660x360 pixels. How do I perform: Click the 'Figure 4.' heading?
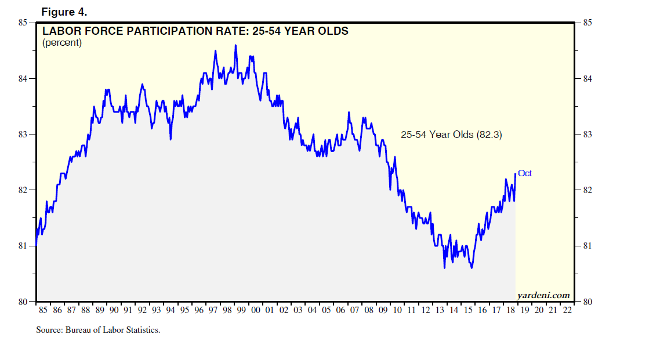click(64, 12)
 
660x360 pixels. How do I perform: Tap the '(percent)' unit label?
click(62, 43)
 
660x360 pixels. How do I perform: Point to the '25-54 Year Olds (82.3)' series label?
click(451, 134)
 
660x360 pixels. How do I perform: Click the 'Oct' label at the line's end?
click(525, 173)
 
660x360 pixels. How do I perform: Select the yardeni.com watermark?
click(543, 296)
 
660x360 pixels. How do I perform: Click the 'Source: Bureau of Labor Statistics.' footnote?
click(98, 330)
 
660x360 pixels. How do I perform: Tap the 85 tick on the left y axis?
click(23, 23)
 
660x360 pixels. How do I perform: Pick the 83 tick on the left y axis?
click(23, 134)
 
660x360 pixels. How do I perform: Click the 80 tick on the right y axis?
click(587, 302)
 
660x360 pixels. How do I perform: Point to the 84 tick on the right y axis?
click(587, 79)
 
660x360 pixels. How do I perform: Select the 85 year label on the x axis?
click(43, 311)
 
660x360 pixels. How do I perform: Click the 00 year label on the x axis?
click(256, 311)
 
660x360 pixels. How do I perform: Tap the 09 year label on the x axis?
click(383, 311)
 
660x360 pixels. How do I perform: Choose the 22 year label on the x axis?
click(568, 311)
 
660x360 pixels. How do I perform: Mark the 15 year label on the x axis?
click(469, 311)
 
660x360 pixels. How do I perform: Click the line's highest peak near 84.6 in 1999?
click(235, 45)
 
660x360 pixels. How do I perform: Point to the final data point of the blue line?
click(515, 174)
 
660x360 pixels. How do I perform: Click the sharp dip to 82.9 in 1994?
click(171, 139)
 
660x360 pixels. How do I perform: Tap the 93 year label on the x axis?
click(157, 311)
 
